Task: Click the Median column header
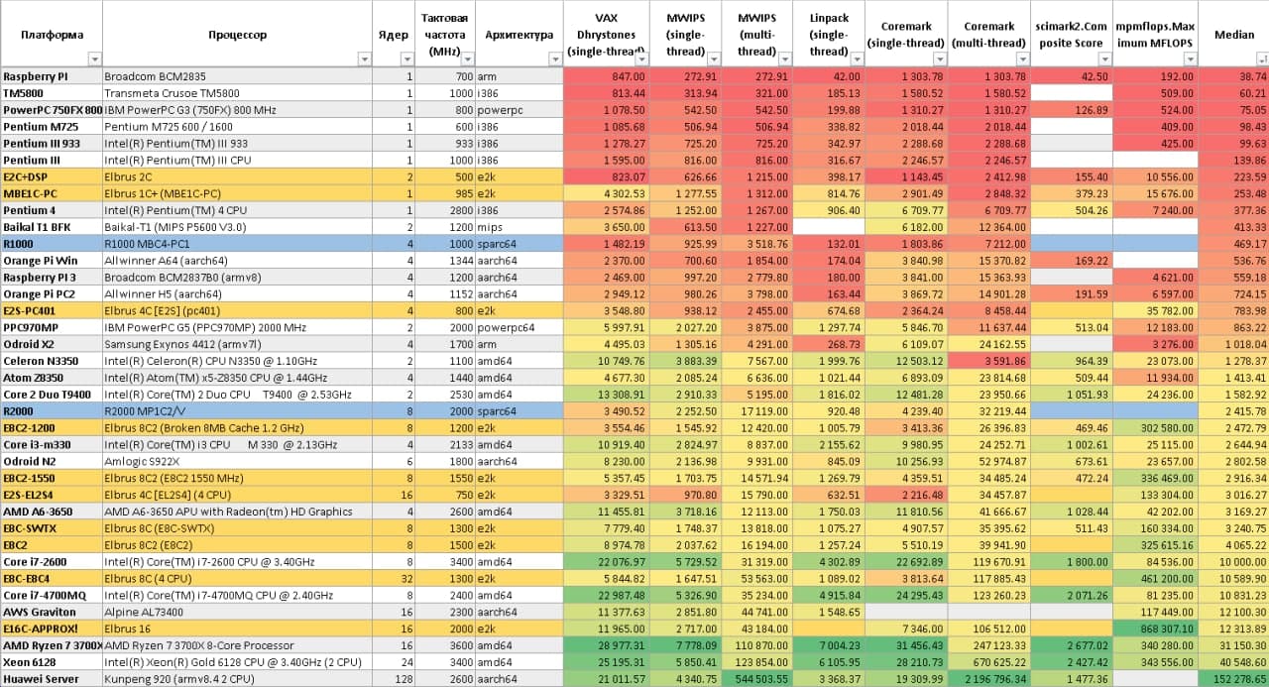coord(1233,35)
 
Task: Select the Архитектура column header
coord(519,35)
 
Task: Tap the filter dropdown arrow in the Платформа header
coord(93,59)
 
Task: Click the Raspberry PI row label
coord(36,76)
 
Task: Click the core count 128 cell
coord(403,678)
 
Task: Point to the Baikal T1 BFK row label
coord(38,227)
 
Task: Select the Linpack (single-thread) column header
coord(828,35)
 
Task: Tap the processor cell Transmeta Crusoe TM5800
coord(172,93)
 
